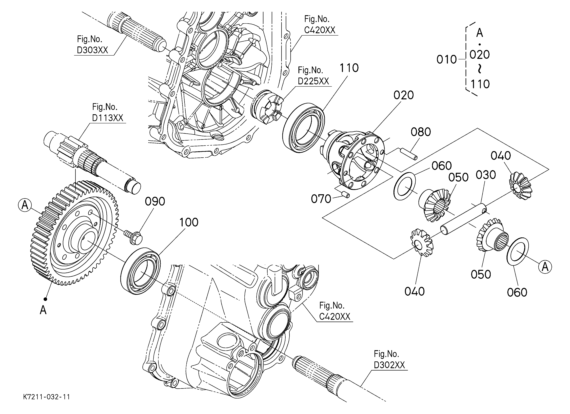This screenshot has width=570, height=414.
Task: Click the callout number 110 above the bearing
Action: [x=349, y=68]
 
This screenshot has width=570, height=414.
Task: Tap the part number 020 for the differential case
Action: [x=404, y=95]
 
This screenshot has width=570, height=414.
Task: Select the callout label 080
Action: [x=421, y=132]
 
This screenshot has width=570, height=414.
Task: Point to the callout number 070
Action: [x=321, y=199]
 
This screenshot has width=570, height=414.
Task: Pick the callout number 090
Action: [x=155, y=202]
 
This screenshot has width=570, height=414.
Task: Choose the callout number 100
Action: [x=189, y=222]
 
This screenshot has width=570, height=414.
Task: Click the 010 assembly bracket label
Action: [x=447, y=60]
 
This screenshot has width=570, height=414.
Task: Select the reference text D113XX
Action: [x=108, y=118]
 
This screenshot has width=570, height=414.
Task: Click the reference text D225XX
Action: [x=313, y=81]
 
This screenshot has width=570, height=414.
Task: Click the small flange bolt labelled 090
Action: [x=133, y=236]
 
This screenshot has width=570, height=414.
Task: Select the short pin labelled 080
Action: [x=409, y=154]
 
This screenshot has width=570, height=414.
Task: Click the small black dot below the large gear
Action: [x=45, y=299]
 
